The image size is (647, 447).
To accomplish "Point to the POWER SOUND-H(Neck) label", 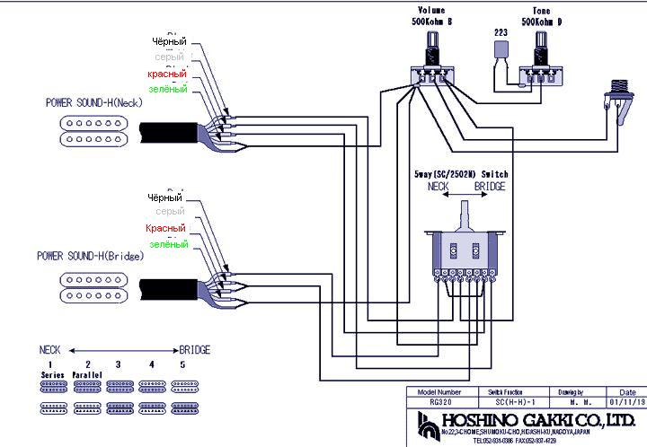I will tap(93, 103).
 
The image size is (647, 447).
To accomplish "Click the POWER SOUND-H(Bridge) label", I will tap(90, 256).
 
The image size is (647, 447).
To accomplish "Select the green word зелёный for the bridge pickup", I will tap(168, 244).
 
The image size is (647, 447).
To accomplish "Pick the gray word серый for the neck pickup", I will tap(170, 57).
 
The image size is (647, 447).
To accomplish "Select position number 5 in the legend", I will tap(183, 364).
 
